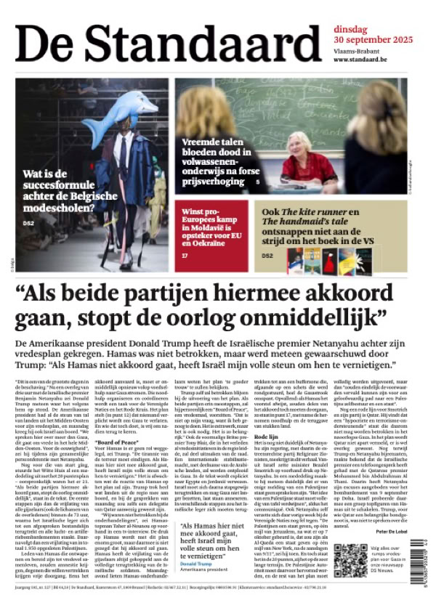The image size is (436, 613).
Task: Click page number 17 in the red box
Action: click(x=185, y=256)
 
